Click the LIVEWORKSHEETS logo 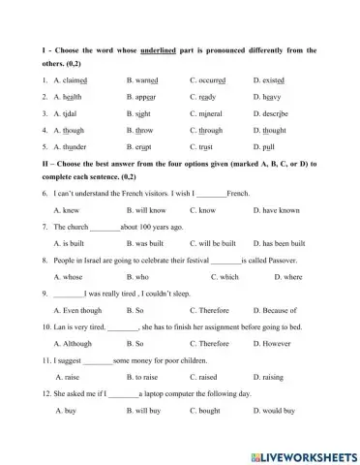click(301, 455)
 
